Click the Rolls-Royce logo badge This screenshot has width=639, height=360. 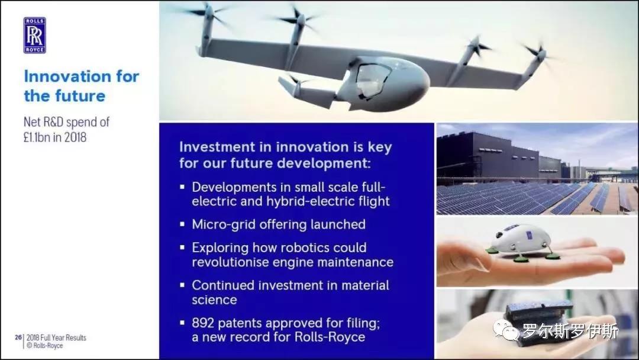[x=35, y=36]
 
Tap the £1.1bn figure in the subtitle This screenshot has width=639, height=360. [x=37, y=137]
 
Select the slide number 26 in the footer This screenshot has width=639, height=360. [x=18, y=337]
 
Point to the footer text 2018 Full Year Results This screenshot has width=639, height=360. [x=56, y=337]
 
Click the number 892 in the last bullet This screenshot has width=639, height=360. [x=203, y=323]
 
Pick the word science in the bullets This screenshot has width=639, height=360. [x=214, y=300]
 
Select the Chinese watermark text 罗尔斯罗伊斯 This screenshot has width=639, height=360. [x=570, y=330]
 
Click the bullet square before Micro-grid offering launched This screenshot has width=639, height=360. [x=182, y=224]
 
